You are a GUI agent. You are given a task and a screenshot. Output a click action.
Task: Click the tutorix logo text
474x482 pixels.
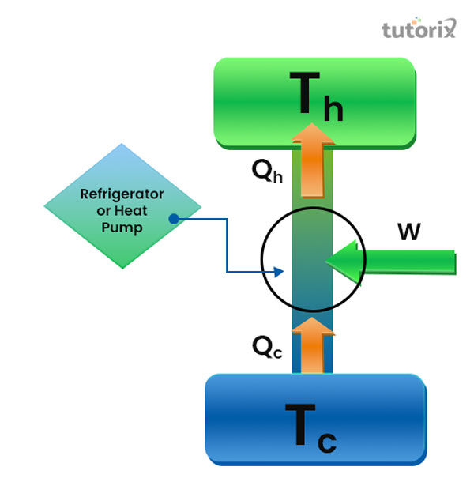[419, 30]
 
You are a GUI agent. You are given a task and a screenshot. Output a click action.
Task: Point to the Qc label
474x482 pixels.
[266, 345]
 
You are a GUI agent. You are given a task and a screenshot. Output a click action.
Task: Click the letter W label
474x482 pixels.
[408, 232]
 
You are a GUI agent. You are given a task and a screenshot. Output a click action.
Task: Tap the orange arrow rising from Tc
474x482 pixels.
[314, 344]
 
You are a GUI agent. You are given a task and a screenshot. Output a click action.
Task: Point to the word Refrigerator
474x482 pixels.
[122, 194]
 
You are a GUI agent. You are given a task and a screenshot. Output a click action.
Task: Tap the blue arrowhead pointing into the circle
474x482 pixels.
[278, 272]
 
